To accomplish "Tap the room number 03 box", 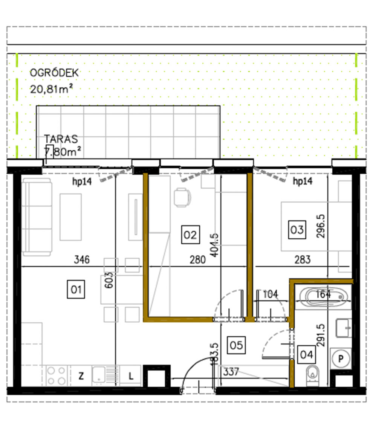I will [297, 229].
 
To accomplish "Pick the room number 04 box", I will [306, 354].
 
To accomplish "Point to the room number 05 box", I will [236, 345].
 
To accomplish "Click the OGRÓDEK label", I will [54, 73].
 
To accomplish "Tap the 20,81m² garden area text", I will [51, 90].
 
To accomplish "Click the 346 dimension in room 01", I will [82, 260].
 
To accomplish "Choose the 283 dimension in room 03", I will [303, 260].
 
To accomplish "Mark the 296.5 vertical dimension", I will [321, 226].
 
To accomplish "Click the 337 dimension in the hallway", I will [231, 372].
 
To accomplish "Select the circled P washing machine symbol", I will [341, 358].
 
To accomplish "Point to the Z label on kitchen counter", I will [81, 376].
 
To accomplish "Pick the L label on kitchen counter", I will [131, 376].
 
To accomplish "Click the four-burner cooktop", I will [57, 375].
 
